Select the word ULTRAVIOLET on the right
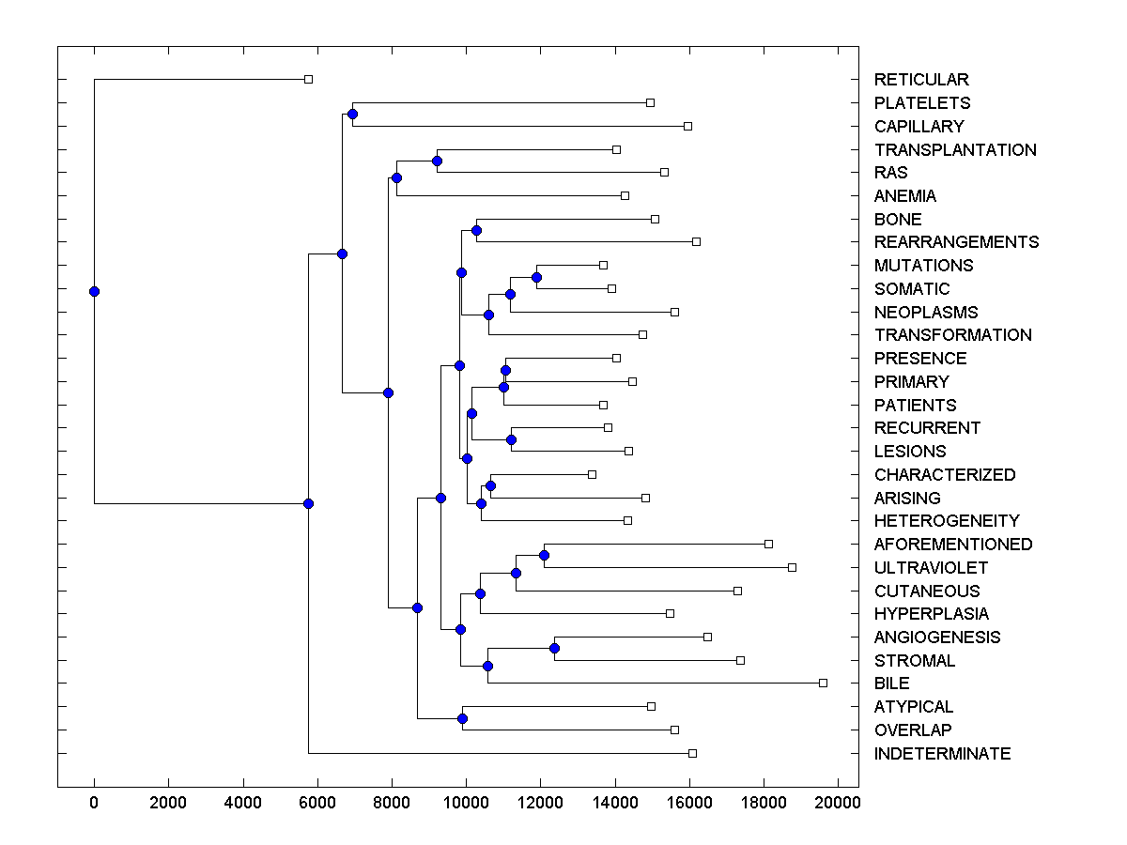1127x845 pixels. (x=931, y=568)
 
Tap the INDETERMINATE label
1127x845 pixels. (x=942, y=754)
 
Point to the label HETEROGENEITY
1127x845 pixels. (x=947, y=521)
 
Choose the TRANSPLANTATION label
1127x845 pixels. (x=955, y=150)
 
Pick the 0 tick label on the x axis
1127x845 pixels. (x=94, y=802)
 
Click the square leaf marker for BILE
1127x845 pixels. (x=823, y=683)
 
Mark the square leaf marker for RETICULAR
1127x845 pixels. (x=308, y=79)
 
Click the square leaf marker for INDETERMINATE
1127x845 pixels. (x=692, y=753)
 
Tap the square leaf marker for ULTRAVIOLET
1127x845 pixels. (x=792, y=567)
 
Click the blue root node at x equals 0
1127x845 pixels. (x=94, y=291)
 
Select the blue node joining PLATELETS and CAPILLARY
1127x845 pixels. (x=352, y=115)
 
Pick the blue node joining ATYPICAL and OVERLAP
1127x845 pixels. (x=462, y=718)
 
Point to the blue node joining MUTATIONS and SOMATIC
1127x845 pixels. (x=536, y=277)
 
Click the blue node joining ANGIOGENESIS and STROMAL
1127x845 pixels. (x=554, y=649)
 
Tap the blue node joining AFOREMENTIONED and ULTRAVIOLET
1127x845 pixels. (x=544, y=556)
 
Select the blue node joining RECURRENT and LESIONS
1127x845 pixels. (x=511, y=439)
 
